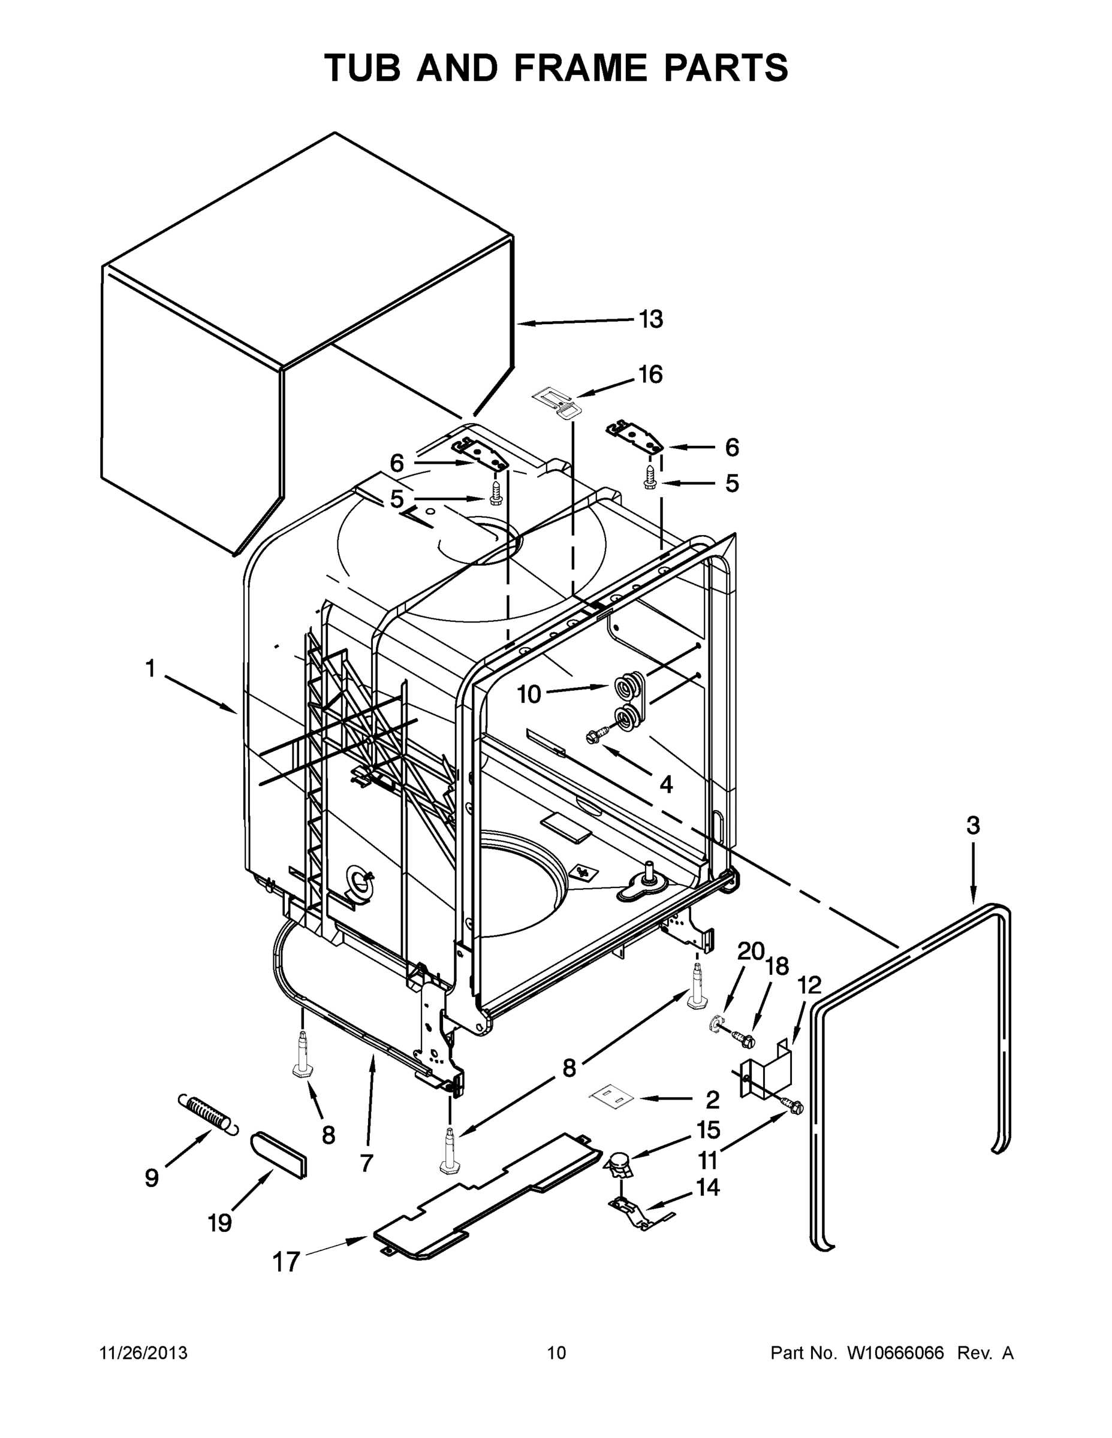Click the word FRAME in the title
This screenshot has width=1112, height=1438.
[582, 68]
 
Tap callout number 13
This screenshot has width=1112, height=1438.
[651, 319]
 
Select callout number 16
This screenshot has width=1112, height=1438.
[650, 374]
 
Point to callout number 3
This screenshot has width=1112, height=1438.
[973, 825]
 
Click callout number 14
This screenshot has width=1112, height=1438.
[708, 1187]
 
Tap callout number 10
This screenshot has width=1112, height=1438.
[528, 694]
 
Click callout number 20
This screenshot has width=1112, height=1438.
[750, 952]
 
